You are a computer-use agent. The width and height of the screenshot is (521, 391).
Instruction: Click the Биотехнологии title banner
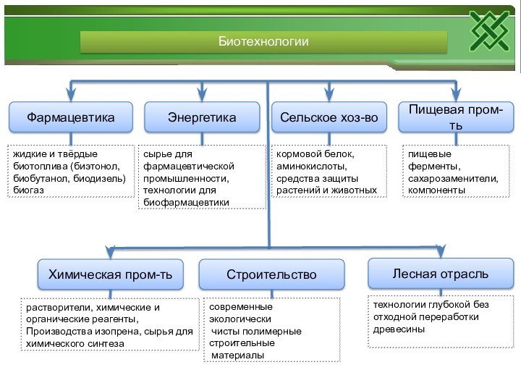pos(263,43)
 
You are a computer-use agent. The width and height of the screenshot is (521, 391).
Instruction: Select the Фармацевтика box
pos(71,117)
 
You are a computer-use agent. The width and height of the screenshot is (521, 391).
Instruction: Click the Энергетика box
pos(202,117)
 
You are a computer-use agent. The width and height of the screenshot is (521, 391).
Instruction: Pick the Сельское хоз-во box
pos(329,117)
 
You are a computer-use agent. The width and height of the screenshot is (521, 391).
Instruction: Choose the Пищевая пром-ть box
pos(455,117)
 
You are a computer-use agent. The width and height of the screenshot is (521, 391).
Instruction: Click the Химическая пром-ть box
pos(110,274)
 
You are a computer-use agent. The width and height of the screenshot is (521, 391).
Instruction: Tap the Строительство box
pos(271,274)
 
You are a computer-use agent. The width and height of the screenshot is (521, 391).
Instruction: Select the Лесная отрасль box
pos(440,273)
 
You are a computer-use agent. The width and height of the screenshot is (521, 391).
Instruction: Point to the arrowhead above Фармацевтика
pos(71,93)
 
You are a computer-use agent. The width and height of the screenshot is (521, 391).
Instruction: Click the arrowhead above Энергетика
pos(203,93)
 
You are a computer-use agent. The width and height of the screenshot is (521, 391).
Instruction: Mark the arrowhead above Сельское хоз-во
pos(329,93)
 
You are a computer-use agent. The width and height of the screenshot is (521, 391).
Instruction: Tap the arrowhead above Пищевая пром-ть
pos(456,93)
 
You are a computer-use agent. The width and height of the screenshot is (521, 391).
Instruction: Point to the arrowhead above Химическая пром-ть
pos(110,252)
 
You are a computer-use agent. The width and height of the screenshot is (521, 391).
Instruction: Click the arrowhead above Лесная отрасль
pos(440,251)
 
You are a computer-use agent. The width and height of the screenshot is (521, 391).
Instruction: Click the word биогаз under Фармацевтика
pos(29,190)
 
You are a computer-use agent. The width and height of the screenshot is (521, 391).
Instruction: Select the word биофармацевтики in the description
pos(185,202)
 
